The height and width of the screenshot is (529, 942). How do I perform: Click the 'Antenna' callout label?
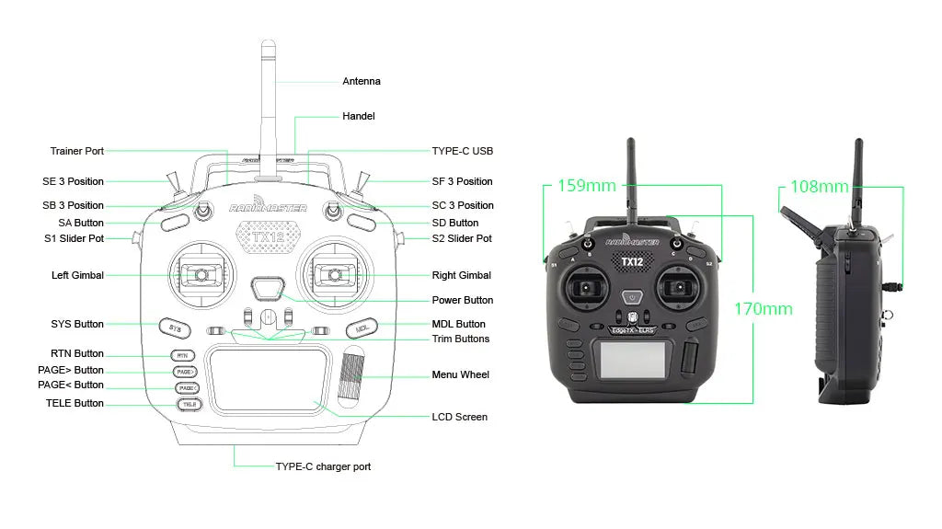[x=361, y=81]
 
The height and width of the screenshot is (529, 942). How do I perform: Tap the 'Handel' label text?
[x=358, y=116]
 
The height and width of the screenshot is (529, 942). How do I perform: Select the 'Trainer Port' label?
[x=77, y=151]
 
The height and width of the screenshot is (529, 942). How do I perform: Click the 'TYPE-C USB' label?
[x=463, y=151]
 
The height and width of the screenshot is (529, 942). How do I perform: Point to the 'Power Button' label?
[x=462, y=300]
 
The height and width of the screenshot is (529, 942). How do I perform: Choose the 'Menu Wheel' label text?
[x=460, y=374]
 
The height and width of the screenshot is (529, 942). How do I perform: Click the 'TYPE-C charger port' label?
[x=323, y=466]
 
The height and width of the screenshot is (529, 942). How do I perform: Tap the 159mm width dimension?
[x=586, y=186]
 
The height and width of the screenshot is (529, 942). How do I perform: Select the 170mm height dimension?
[x=763, y=308]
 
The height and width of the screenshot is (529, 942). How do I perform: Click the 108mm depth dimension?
[x=819, y=187]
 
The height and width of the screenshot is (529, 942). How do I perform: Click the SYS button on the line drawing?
[x=175, y=328]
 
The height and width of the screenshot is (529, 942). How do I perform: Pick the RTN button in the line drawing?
[x=182, y=355]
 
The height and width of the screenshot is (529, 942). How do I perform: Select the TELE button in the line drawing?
[x=188, y=404]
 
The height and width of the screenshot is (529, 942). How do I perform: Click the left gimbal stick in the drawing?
[x=199, y=274]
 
